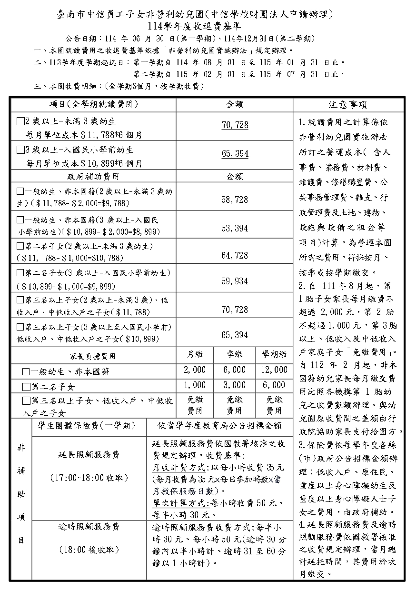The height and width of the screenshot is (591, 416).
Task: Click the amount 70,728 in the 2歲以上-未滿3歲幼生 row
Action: tap(235, 125)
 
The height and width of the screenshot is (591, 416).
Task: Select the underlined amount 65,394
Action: tap(235, 154)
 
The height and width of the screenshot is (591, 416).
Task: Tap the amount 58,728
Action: tap(235, 200)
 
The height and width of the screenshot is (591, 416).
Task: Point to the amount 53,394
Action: tap(235, 228)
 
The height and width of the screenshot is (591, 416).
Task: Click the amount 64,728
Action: tap(235, 255)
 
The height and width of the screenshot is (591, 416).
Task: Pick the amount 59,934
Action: tap(235, 281)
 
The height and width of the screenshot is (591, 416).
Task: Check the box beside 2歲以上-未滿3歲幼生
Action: tap(20, 121)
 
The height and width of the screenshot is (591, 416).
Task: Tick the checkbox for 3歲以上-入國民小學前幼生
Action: tap(20, 150)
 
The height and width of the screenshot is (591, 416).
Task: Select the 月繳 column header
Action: tap(195, 354)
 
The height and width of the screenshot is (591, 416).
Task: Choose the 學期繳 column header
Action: tap(274, 354)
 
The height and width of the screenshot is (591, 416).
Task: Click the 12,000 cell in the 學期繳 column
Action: tap(274, 370)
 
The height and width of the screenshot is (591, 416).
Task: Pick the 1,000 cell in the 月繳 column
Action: tap(195, 385)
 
